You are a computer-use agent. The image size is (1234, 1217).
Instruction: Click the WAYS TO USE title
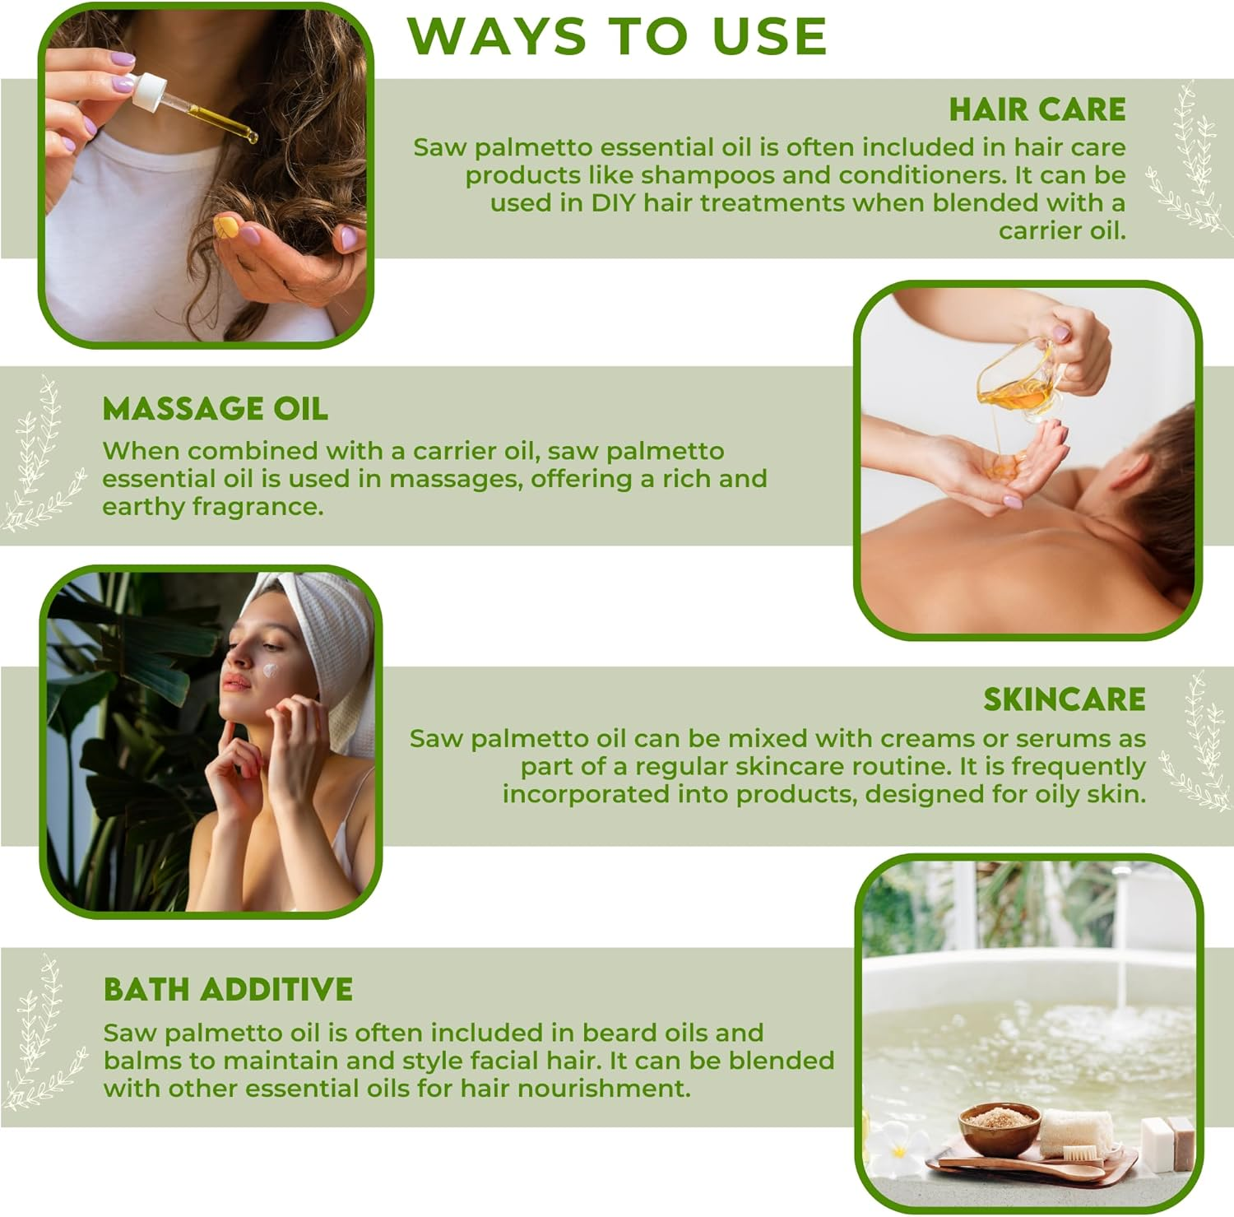(617, 36)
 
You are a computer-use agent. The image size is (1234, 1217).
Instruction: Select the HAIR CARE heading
(1037, 109)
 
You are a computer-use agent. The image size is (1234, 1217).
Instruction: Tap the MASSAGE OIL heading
(215, 409)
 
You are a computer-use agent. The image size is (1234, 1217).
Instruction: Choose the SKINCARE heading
(1064, 699)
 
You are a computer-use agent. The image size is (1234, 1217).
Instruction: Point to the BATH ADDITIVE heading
(228, 989)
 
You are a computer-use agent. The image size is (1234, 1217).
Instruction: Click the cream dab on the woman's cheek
(269, 670)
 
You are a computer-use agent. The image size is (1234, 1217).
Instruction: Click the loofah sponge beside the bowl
(1075, 1133)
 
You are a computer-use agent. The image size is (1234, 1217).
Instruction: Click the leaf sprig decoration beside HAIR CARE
(1185, 160)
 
